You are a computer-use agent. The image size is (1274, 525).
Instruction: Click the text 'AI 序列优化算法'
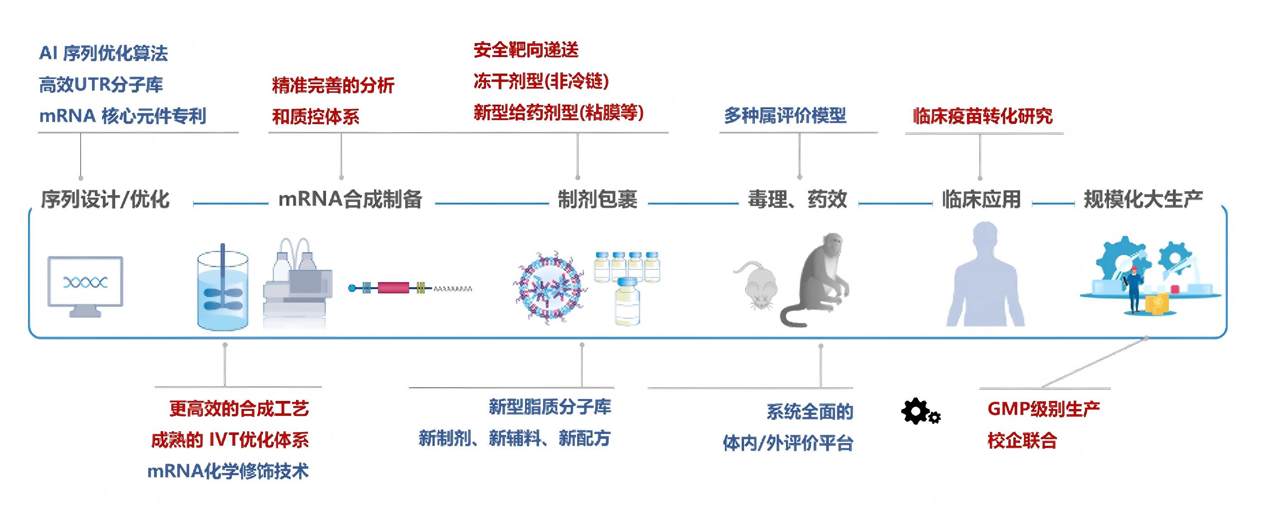click(103, 53)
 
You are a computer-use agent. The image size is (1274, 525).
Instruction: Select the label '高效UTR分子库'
click(101, 85)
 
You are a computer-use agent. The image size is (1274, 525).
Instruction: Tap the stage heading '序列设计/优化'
click(105, 199)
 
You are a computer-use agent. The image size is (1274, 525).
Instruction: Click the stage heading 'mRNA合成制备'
click(350, 199)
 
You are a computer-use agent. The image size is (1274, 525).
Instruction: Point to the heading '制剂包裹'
click(598, 199)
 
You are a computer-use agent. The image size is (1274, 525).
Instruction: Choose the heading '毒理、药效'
click(797, 199)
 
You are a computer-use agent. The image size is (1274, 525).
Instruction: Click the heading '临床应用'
click(981, 199)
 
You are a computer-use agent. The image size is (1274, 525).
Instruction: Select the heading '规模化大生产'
click(1143, 199)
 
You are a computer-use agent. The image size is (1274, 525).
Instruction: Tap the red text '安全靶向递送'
click(526, 49)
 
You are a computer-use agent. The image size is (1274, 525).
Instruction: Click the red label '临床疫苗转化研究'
click(982, 116)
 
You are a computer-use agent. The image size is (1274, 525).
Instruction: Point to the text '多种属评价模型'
click(785, 115)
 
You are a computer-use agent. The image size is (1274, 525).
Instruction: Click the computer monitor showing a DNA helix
click(85, 286)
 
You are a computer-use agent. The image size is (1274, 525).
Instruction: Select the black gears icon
click(920, 411)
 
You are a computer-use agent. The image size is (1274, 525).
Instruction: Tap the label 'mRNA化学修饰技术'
click(228, 471)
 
